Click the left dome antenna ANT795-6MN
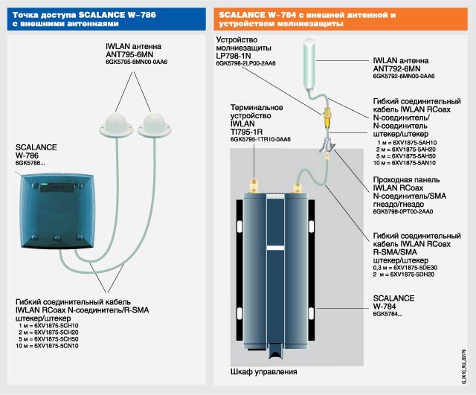120,123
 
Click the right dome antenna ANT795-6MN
158,121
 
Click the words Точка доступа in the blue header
42,14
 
